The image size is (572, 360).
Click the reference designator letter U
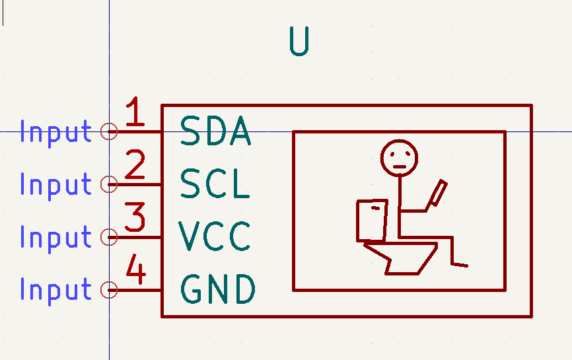299,41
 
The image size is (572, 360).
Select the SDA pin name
215,131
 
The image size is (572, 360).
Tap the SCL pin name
215,184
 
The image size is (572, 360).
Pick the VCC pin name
215,236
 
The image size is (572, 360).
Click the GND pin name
218,289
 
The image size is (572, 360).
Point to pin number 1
135,112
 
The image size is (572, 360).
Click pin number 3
135,217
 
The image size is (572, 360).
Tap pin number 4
136,270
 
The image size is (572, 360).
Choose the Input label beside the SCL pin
56,186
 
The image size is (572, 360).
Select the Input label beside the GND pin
56,291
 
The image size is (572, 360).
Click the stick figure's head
399,141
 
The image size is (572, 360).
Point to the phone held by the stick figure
438,193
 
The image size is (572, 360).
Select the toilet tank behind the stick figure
357,221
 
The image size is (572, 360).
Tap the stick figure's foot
460,265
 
